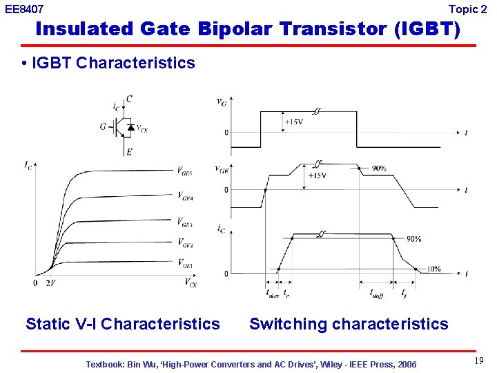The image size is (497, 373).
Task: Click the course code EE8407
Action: [x=25, y=10]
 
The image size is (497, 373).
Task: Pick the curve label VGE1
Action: [x=185, y=263]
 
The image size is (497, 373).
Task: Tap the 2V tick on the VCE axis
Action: [x=50, y=283]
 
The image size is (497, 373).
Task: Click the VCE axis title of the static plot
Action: [x=191, y=282]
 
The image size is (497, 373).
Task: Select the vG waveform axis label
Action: [x=221, y=102]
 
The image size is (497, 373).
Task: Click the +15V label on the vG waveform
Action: [x=293, y=122]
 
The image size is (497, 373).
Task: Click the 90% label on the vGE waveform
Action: [x=378, y=169]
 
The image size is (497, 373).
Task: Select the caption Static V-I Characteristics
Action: [x=123, y=324]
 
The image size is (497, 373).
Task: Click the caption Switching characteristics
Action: [x=349, y=324]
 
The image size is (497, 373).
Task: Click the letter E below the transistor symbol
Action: [x=129, y=152]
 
